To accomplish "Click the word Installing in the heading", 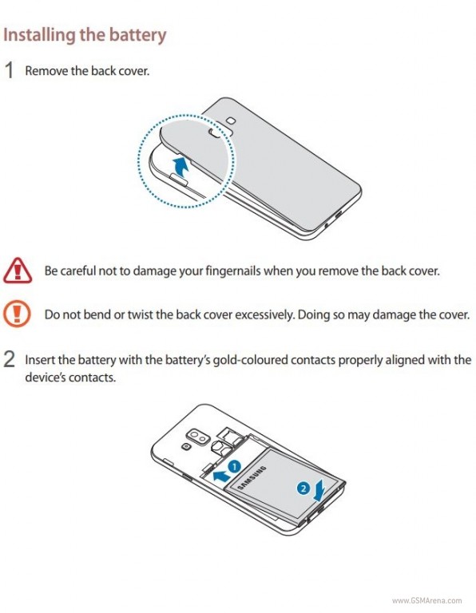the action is tap(39, 35).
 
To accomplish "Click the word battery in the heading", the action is tap(137, 35).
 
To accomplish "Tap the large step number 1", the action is tap(9, 71).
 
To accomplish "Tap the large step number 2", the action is tap(10, 359).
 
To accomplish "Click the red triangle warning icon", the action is tap(18, 271).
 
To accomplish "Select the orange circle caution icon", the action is tap(17, 314).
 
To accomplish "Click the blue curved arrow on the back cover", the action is tap(181, 167).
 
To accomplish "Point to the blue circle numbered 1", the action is tap(234, 467).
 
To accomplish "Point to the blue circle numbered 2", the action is tap(303, 488).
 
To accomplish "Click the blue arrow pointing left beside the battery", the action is tap(221, 477).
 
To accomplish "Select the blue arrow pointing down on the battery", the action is tap(320, 491).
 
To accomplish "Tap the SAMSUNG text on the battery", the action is tap(252, 477).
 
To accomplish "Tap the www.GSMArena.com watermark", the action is tap(426, 600).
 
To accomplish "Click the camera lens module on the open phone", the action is tap(198, 438).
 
